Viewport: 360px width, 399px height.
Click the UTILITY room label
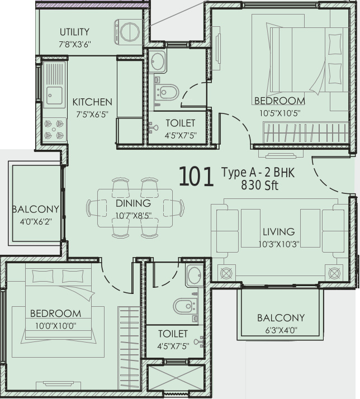(x=74, y=32)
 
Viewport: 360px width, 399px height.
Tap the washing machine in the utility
(x=128, y=32)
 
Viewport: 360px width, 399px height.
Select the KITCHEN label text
(x=92, y=102)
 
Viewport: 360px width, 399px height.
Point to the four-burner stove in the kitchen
(x=54, y=130)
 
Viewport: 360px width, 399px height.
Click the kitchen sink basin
(x=54, y=96)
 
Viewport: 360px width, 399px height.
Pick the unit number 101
(x=196, y=177)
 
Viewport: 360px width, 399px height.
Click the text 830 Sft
(x=259, y=185)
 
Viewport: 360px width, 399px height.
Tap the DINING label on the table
(x=133, y=203)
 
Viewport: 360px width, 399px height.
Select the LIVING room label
(x=279, y=232)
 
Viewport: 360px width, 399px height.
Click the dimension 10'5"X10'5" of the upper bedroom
(x=280, y=113)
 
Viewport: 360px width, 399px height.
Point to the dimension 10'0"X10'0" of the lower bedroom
(x=56, y=326)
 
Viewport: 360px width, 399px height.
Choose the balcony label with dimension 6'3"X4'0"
(x=281, y=318)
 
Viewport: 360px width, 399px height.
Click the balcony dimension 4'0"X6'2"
(x=36, y=222)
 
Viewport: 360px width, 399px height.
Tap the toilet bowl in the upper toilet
(x=167, y=93)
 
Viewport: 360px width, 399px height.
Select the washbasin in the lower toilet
(x=195, y=275)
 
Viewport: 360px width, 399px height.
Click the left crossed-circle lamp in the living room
(x=226, y=274)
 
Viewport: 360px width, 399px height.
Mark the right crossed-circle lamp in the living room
(x=334, y=273)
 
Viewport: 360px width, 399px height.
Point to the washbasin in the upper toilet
(x=158, y=61)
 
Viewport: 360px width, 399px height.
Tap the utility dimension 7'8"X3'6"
(x=75, y=44)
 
